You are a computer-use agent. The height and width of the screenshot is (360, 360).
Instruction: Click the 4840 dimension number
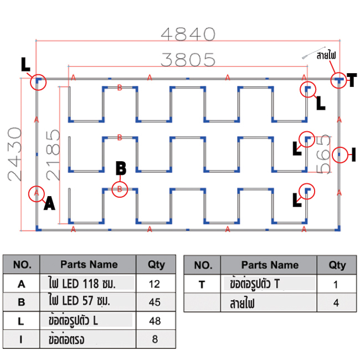tap(188, 34)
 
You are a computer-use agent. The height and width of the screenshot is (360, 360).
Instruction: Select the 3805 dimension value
tap(188, 59)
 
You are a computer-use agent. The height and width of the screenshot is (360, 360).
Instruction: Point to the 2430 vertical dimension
tap(15, 155)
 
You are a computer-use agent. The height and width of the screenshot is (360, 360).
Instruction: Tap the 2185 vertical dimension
tap(53, 155)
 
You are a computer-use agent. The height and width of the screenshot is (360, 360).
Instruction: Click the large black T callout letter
tap(351, 80)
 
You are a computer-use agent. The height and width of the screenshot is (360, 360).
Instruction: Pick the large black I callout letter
tap(354, 155)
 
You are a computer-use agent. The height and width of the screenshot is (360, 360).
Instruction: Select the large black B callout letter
tap(121, 168)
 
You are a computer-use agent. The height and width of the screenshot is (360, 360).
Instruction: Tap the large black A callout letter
tap(50, 203)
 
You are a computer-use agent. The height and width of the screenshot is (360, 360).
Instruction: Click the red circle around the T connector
tap(338, 80)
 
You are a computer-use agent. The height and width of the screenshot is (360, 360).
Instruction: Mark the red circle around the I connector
tap(340, 155)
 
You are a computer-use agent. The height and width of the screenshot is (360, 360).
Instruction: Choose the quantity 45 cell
tap(155, 302)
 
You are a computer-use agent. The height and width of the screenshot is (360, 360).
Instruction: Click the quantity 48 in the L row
tap(155, 321)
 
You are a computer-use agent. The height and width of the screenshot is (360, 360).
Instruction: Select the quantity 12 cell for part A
tap(155, 284)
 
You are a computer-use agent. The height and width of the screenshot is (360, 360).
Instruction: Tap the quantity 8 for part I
tap(155, 339)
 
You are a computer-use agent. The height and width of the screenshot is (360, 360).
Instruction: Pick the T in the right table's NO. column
tap(202, 285)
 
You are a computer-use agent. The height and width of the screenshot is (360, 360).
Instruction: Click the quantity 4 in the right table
tap(336, 303)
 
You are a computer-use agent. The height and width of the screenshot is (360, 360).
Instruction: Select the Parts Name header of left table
tap(89, 265)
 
